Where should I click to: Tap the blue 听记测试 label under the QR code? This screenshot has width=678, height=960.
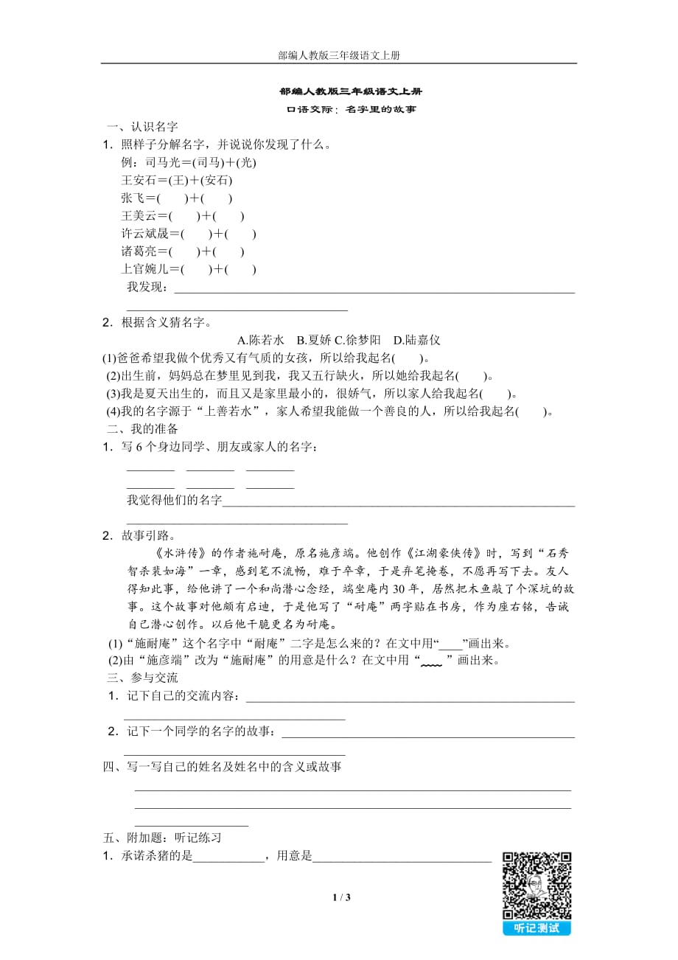pyautogui.click(x=537, y=928)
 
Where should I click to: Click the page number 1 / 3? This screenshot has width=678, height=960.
pyautogui.click(x=340, y=897)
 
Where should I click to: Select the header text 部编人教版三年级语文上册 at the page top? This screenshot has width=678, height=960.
pyautogui.click(x=339, y=55)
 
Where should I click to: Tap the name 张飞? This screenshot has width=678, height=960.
pyautogui.click(x=133, y=198)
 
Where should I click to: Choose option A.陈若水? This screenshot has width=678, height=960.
pyautogui.click(x=261, y=340)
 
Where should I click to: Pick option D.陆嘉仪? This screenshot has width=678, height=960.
pyautogui.click(x=416, y=340)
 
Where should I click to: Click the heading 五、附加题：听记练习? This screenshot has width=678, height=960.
pyautogui.click(x=162, y=838)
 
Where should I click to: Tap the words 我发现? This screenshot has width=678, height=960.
pyautogui.click(x=147, y=287)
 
